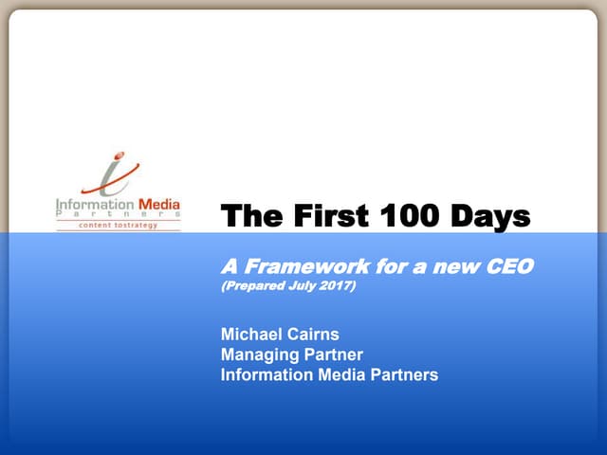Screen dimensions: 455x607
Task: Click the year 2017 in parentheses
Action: pos(334,285)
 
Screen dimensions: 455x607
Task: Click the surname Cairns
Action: pos(312,334)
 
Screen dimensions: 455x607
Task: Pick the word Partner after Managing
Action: pos(330,355)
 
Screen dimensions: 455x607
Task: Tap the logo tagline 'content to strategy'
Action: pos(117,226)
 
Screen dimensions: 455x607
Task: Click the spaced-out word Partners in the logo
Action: pos(117,214)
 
